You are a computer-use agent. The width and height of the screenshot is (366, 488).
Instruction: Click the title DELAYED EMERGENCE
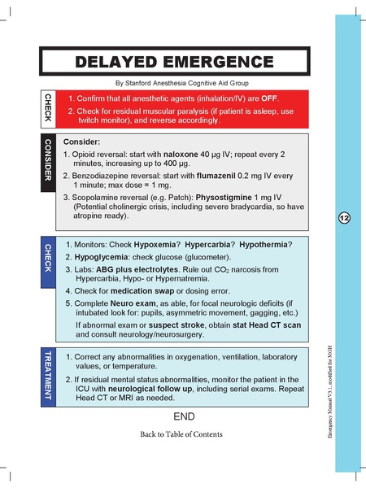coord(174,62)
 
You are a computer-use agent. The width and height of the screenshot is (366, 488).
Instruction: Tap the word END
coord(184,416)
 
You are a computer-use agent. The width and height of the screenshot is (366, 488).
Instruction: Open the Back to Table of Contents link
coord(181,435)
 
